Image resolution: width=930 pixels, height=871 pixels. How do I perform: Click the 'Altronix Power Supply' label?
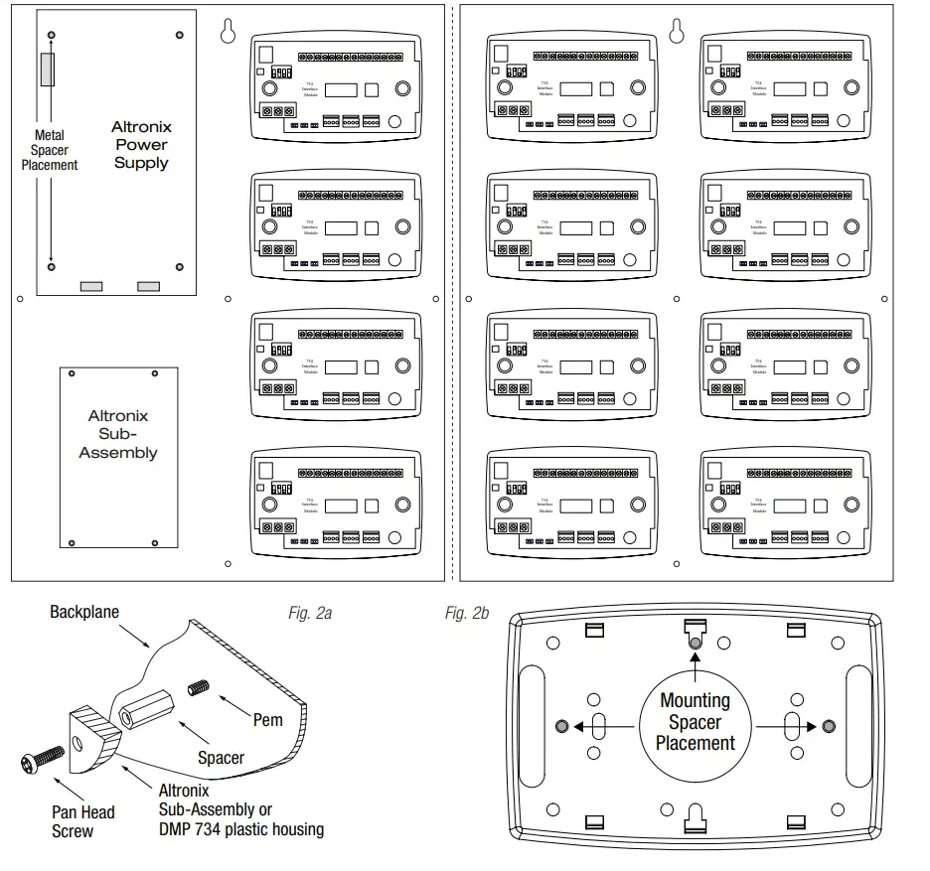(x=140, y=145)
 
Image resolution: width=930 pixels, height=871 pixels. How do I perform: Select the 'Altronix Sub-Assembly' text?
(x=117, y=434)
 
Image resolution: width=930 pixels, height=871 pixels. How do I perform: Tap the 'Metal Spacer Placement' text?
(x=49, y=150)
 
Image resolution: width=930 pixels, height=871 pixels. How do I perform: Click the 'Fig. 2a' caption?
(x=310, y=613)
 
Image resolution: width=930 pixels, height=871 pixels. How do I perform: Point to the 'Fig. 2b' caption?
(x=467, y=613)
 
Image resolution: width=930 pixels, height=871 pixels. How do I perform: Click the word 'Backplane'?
(x=84, y=612)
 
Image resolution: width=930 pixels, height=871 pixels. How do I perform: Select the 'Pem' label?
(x=268, y=720)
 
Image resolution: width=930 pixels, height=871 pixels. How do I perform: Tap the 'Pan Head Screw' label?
(x=82, y=820)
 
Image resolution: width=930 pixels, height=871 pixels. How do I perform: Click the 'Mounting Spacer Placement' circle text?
(x=695, y=721)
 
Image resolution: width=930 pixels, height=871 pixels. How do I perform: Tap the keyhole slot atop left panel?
(x=228, y=32)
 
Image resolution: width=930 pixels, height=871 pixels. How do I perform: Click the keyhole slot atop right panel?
(x=678, y=32)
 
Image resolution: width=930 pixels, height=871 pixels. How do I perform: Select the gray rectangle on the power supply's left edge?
(x=47, y=70)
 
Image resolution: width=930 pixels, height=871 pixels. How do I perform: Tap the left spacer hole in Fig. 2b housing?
(x=561, y=726)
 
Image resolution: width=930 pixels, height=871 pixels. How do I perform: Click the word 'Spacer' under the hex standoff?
(x=220, y=758)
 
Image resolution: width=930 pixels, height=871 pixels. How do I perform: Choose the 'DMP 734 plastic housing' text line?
(x=241, y=827)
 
